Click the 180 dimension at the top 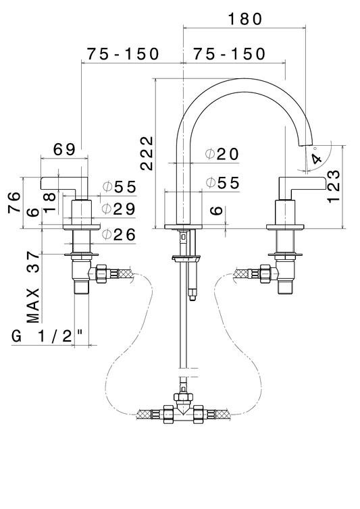point(245,19)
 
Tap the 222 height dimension point(147,153)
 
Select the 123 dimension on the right point(334,186)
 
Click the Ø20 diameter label point(222,154)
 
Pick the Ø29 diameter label point(118,209)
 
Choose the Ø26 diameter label point(118,234)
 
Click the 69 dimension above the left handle point(64,149)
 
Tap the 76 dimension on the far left point(15,203)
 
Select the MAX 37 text point(34,287)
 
